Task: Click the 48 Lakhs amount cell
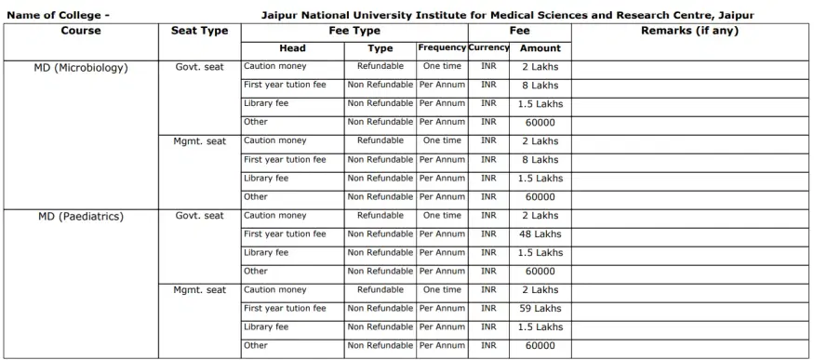click(540, 234)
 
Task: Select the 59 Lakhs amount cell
click(540, 309)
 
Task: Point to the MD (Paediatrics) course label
click(81, 217)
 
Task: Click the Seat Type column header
click(200, 32)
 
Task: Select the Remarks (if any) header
click(689, 32)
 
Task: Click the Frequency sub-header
click(442, 47)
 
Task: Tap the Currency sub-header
click(488, 47)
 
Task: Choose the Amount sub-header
click(540, 48)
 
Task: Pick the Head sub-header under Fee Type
click(292, 48)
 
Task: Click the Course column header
click(81, 32)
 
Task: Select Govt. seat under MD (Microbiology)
click(200, 67)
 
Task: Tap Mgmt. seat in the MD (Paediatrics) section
click(200, 290)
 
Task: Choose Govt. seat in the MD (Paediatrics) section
click(200, 216)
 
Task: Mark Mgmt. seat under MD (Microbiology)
click(200, 141)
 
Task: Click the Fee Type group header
click(354, 32)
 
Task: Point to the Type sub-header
click(380, 48)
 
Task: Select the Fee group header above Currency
click(519, 32)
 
